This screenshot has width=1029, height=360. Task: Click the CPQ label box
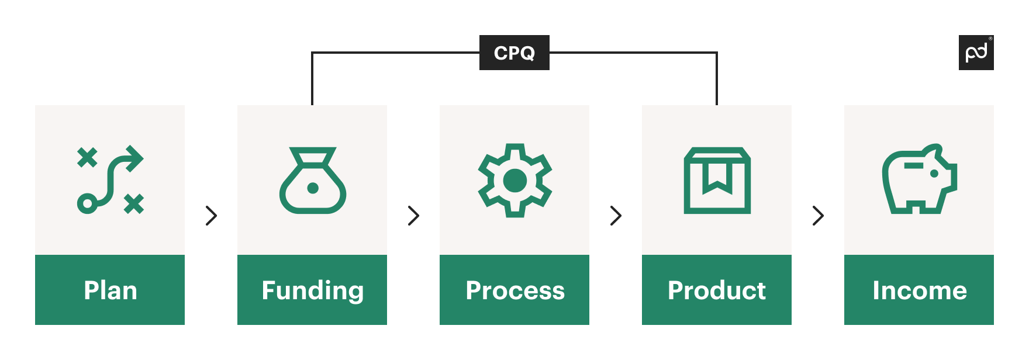pos(514,53)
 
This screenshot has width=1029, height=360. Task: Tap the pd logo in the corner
pos(976,53)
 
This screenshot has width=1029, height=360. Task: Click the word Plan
pos(110,290)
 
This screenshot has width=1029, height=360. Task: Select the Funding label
pos(312,290)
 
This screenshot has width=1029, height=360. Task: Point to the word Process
pos(514,290)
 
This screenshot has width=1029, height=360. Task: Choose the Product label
pos(716,290)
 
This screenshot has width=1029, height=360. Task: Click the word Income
pos(919,290)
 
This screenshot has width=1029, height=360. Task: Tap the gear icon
pos(514,180)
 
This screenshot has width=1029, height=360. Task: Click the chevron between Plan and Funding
pos(212,216)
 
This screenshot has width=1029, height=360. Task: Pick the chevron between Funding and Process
pos(413,216)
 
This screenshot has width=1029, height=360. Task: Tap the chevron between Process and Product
pos(616,216)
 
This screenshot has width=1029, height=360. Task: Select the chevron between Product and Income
pos(818,216)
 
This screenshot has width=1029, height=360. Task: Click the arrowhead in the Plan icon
pos(135,158)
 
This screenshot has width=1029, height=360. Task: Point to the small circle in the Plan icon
pos(87,203)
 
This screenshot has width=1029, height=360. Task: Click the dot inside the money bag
pos(313,188)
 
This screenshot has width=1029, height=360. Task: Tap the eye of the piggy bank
pos(934,174)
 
